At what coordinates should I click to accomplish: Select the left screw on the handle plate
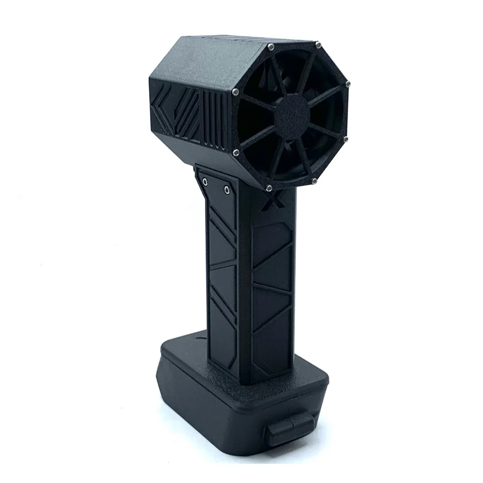point(206,182)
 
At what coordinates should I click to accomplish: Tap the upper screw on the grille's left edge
point(235,92)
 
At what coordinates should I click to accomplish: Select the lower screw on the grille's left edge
point(235,153)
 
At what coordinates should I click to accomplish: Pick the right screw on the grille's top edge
point(318,45)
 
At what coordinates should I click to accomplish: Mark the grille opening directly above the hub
point(293,72)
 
